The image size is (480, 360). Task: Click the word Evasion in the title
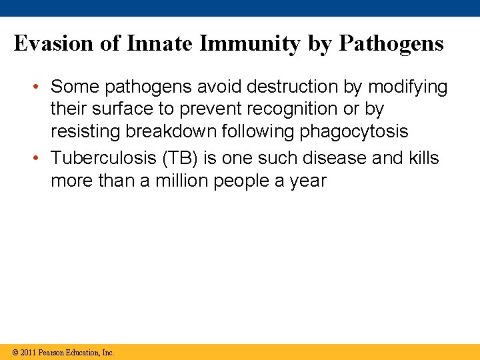point(52,44)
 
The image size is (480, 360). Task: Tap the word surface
point(119,109)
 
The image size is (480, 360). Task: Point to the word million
point(181,181)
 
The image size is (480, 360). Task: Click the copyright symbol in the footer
point(15,352)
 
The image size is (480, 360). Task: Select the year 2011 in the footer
point(28,352)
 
